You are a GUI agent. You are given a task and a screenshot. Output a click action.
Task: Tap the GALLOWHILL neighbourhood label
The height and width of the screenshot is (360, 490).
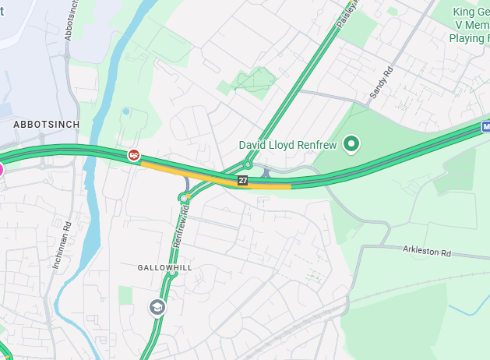(164, 267)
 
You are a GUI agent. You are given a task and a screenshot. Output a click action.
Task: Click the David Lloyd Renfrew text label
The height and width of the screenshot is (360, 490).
(287, 145)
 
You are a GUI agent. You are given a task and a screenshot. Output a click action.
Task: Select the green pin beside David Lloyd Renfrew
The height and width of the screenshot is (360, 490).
(352, 143)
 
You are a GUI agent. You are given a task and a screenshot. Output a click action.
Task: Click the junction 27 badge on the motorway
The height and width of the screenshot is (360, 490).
(243, 180)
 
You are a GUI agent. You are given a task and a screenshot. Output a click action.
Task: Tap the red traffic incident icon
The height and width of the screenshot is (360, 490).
(134, 155)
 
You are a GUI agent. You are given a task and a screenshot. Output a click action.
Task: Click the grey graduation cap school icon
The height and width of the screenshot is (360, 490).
(158, 307)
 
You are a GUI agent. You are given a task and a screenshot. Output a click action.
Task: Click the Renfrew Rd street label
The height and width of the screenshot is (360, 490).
(181, 231)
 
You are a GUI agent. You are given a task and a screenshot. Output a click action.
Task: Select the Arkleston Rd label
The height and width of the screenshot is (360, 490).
(427, 252)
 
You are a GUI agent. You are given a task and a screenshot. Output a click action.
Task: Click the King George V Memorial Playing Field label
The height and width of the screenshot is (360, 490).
(470, 24)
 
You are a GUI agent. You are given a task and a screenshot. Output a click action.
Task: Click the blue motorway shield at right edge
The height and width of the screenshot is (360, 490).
(486, 125)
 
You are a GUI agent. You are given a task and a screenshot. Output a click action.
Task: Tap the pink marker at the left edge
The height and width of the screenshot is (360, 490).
(1, 169)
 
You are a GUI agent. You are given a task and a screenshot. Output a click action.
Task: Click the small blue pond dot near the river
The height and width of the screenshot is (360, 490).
(125, 111)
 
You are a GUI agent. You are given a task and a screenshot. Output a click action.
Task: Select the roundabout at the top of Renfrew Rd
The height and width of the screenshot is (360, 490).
(185, 198)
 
